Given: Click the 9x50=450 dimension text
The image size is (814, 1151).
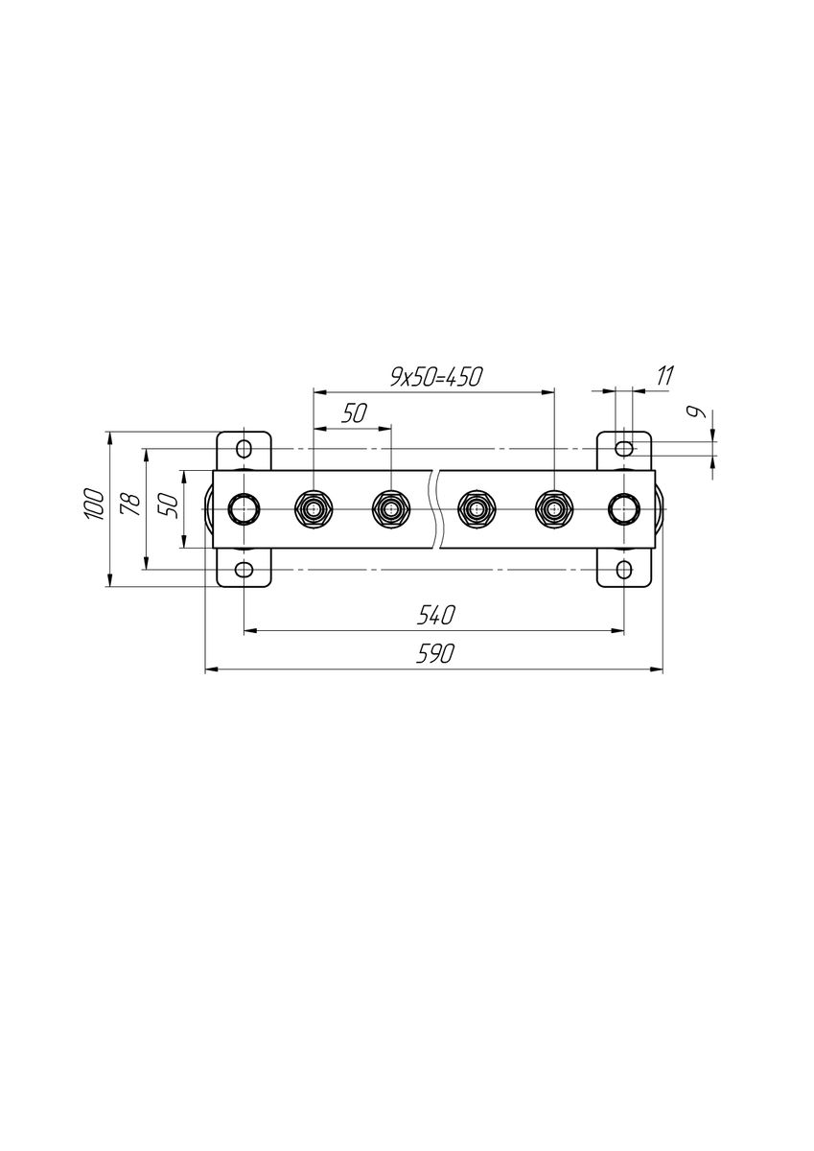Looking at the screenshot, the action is point(436,378).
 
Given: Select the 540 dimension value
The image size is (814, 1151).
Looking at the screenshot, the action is point(435,615).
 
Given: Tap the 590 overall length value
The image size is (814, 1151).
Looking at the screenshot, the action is point(435,653).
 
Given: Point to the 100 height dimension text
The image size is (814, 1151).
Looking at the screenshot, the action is point(95,505).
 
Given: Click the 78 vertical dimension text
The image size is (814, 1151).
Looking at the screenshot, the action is point(130,505).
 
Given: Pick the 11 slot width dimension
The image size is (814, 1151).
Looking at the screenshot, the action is point(664,377).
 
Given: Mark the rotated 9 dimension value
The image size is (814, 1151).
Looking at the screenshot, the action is point(698,411).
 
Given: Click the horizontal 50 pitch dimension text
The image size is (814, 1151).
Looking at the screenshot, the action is point(355,413).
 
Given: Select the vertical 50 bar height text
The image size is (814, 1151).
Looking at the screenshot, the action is point(171,506).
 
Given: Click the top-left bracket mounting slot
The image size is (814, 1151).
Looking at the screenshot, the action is point(244,449).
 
